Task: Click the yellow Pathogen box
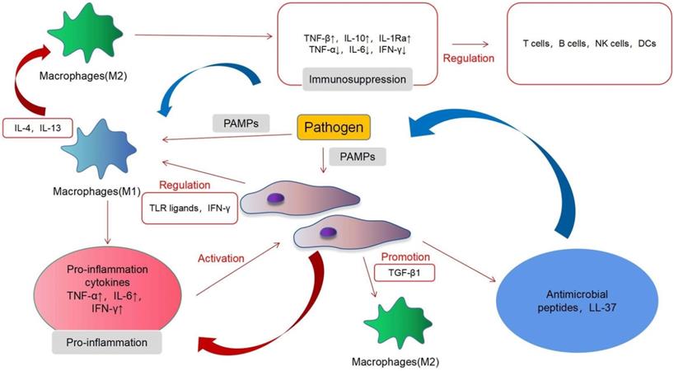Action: click(x=333, y=128)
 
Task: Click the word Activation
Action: click(x=221, y=258)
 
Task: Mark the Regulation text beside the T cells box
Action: click(x=469, y=59)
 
